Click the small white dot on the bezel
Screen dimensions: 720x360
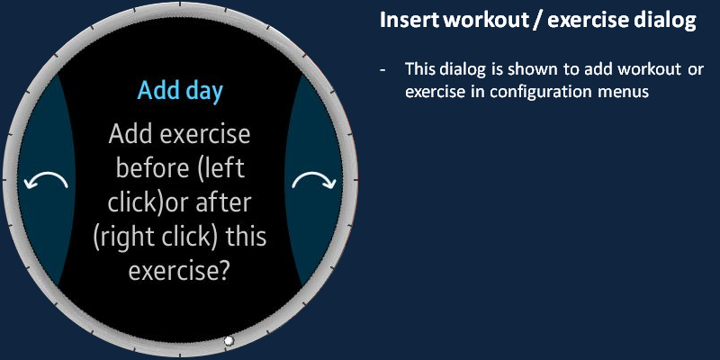(x=229, y=341)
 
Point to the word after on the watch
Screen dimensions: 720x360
(x=223, y=202)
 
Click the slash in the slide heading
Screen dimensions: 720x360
(x=537, y=21)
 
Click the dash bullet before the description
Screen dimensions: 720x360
(x=382, y=70)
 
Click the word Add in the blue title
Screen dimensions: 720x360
(x=155, y=90)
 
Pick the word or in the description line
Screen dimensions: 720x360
(x=695, y=70)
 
